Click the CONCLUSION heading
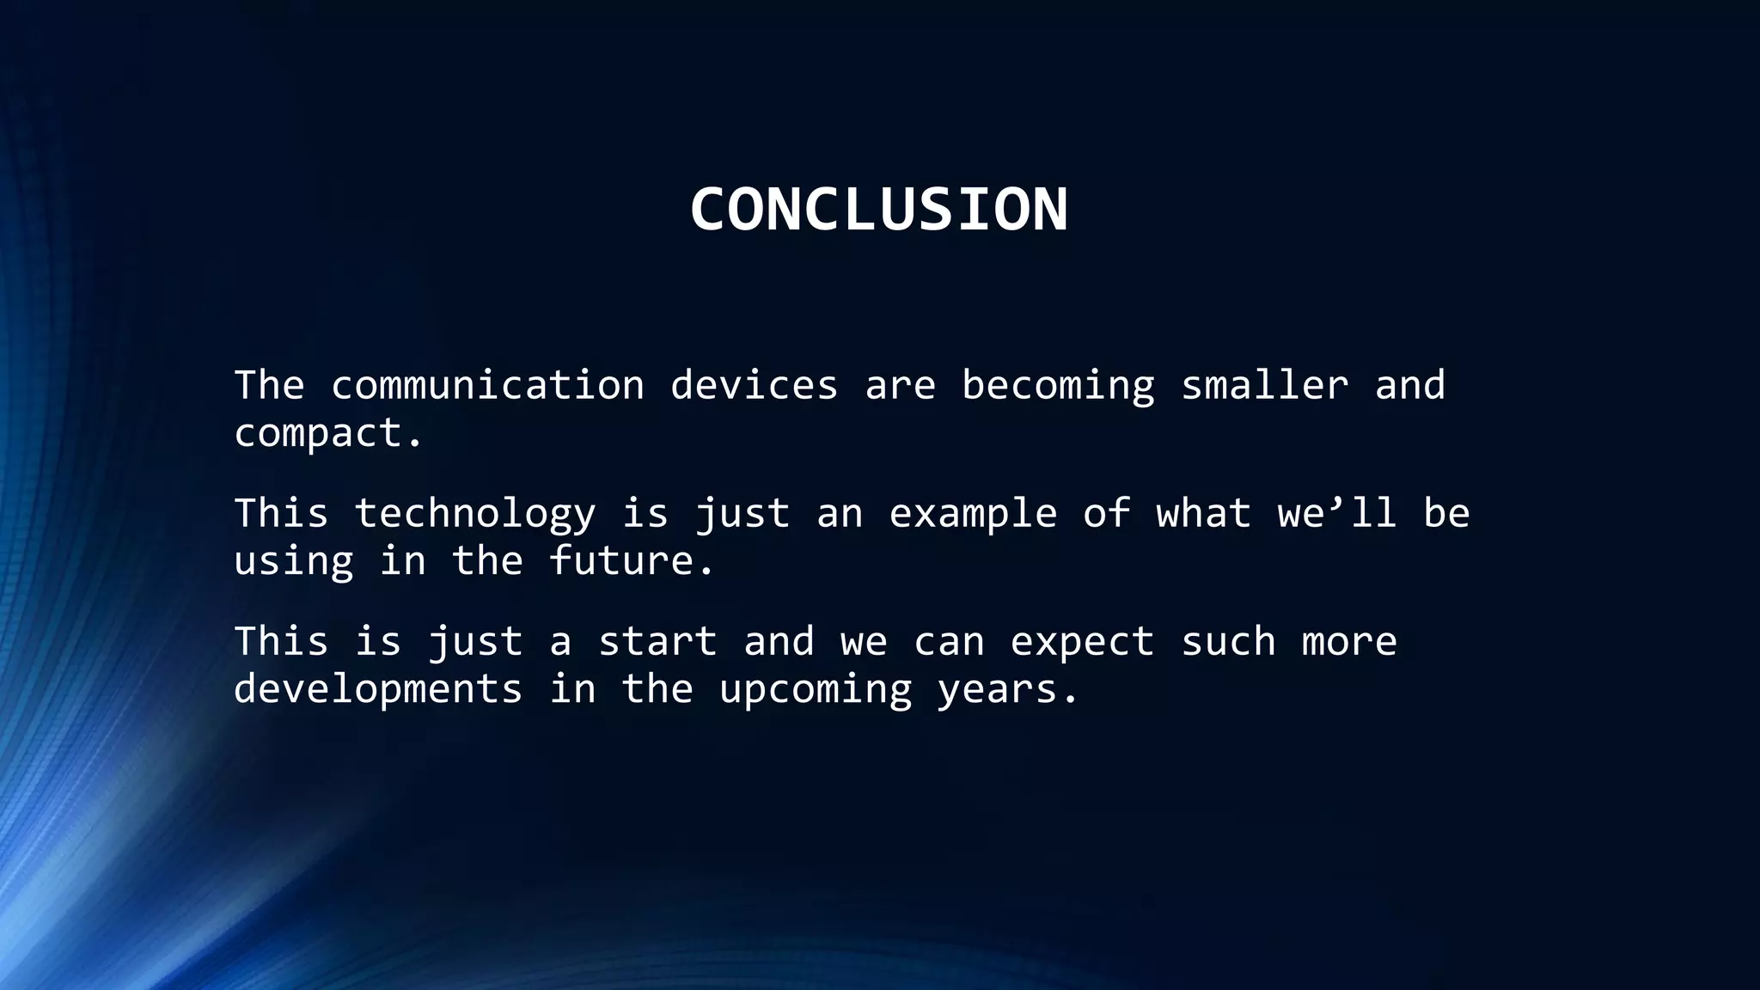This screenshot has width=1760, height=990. click(x=878, y=210)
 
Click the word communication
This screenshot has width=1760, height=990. click(x=487, y=385)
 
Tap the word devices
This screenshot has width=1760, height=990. click(x=754, y=385)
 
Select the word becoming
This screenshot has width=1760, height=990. click(x=1058, y=385)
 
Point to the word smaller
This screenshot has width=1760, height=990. click(x=1264, y=385)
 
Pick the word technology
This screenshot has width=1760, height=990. click(x=474, y=514)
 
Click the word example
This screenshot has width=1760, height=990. click(x=972, y=514)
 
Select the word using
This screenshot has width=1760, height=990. click(x=293, y=562)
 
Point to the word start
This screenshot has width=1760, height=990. click(x=657, y=642)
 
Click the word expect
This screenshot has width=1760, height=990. click(x=1081, y=643)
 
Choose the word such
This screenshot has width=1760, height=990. click(x=1228, y=642)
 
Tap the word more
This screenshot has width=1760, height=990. click(x=1349, y=642)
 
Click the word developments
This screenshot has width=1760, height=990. click(x=378, y=689)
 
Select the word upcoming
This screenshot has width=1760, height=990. click(x=815, y=690)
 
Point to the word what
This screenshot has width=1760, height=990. click(x=1203, y=514)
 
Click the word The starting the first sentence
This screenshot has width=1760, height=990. click(x=269, y=385)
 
